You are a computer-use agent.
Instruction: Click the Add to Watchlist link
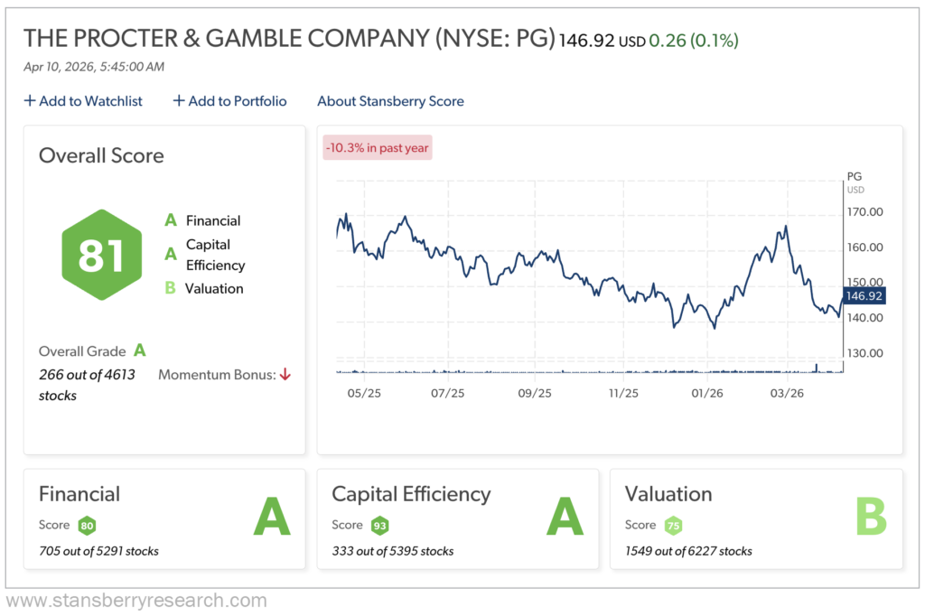tap(83, 101)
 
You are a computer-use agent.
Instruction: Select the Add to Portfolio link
tap(230, 101)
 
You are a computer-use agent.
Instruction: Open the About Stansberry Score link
tap(390, 101)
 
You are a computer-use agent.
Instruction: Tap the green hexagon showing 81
tap(100, 255)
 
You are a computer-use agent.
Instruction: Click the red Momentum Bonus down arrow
tap(285, 374)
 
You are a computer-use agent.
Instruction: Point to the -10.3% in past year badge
tap(378, 148)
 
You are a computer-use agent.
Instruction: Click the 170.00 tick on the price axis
tap(864, 212)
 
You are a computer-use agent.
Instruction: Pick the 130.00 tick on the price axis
tap(864, 353)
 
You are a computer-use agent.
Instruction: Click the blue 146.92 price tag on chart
tap(863, 295)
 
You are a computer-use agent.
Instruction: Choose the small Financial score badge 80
tap(87, 525)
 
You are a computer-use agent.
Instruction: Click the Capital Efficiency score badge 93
tap(379, 525)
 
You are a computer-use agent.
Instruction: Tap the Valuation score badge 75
tap(673, 525)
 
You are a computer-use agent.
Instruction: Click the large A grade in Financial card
tap(271, 517)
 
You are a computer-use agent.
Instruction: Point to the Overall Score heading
tap(101, 155)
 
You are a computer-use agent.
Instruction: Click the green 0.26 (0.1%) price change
tap(698, 41)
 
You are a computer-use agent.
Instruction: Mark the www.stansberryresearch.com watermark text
tap(136, 601)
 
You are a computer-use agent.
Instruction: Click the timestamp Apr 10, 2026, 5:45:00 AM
tap(94, 66)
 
